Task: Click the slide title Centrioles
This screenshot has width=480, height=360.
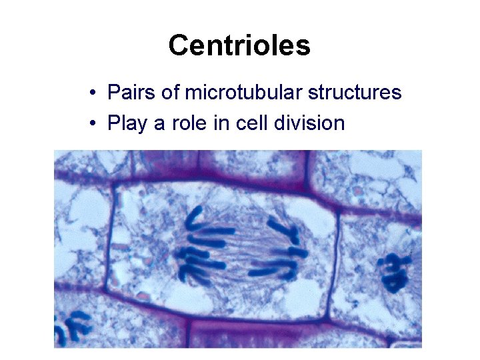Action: pyautogui.click(x=239, y=45)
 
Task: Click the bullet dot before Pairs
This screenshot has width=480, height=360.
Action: pyautogui.click(x=95, y=93)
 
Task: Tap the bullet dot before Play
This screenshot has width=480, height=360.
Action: pyautogui.click(x=95, y=124)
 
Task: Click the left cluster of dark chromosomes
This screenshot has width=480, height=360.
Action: pyautogui.click(x=200, y=247)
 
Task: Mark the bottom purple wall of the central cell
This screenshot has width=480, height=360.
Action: pyautogui.click(x=220, y=313)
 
